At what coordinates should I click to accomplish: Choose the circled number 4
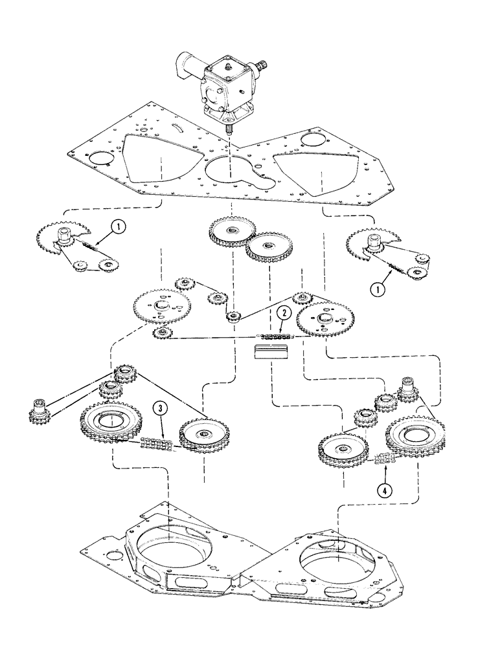pos(387,490)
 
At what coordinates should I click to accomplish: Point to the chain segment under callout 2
pos(277,336)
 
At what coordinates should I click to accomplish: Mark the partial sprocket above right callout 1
pos(366,244)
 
